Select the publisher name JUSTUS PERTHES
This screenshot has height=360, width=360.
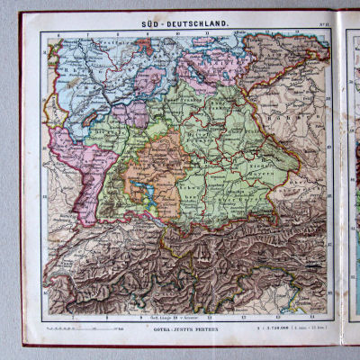point(201,330)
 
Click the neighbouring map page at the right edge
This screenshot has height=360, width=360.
point(352,180)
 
